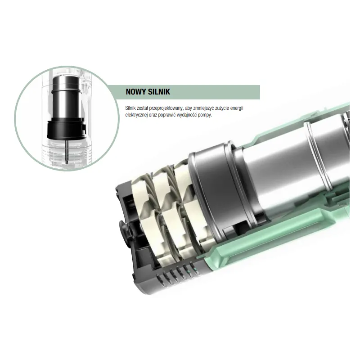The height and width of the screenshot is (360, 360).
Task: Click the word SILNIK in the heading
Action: [x=159, y=92]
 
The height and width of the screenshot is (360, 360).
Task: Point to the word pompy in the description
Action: [x=205, y=115]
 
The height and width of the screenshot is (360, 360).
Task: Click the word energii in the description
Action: [x=237, y=108]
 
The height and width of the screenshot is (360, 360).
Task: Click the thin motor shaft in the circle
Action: [x=67, y=152]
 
